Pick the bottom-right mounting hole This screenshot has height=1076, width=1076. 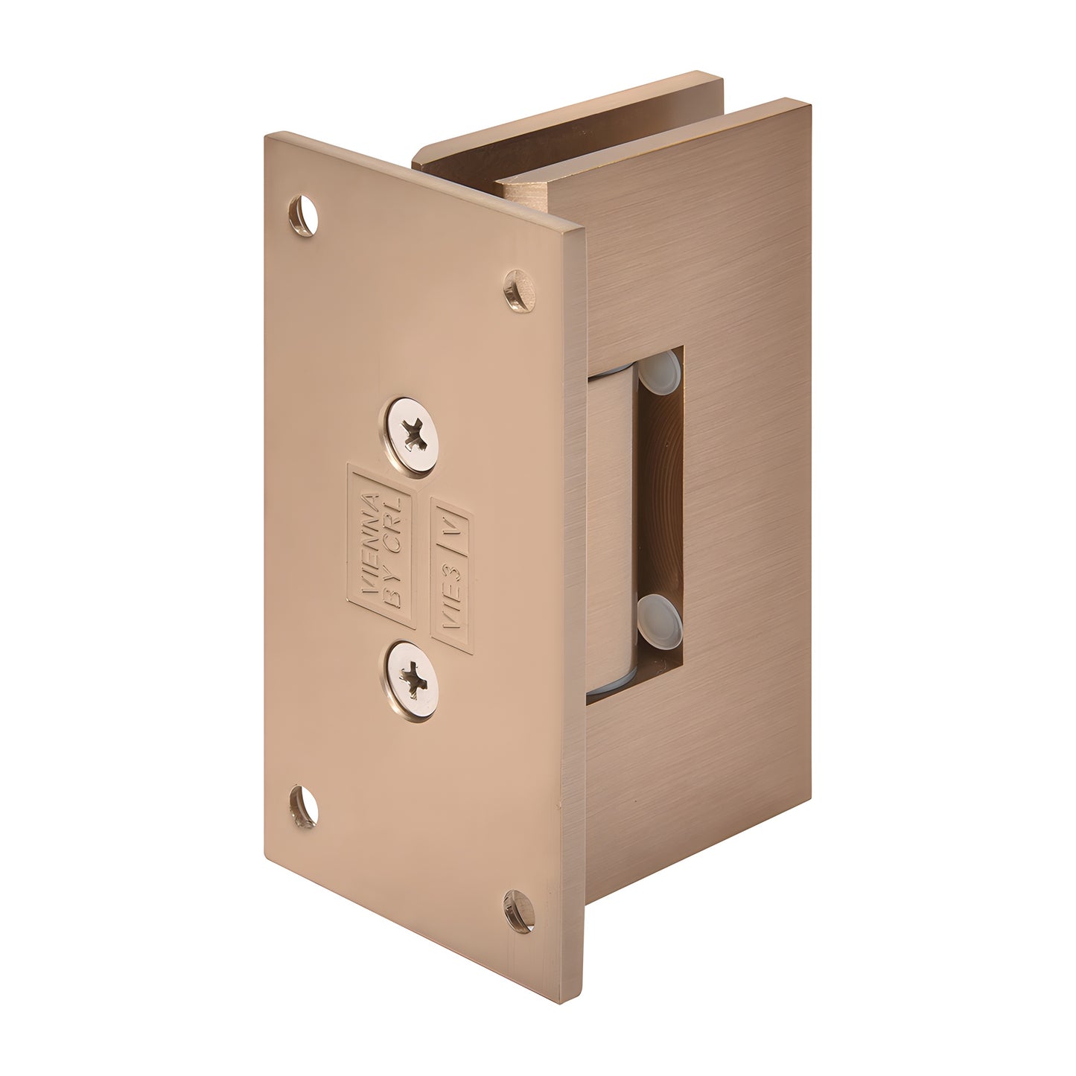coord(519,909)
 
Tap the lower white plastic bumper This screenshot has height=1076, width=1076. coord(660,615)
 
